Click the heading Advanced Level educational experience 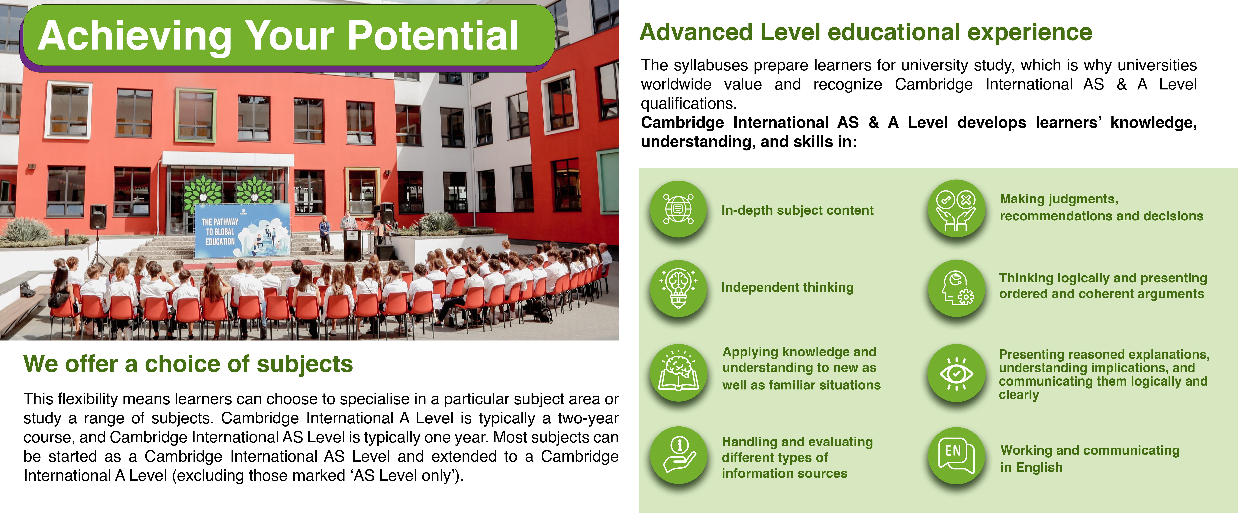[x=866, y=33]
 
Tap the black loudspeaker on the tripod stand [x=98, y=217]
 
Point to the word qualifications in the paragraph [x=689, y=103]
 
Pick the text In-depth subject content [x=797, y=211]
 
